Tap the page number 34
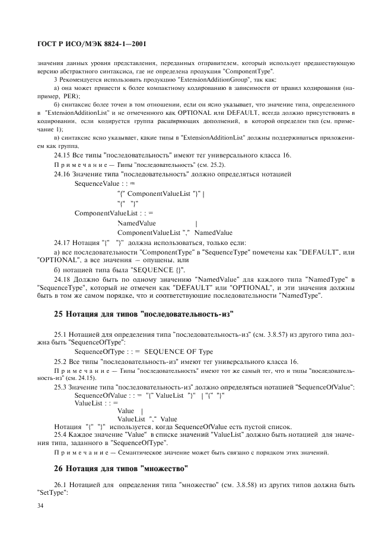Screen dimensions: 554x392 pyautogui.click(x=41, y=506)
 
